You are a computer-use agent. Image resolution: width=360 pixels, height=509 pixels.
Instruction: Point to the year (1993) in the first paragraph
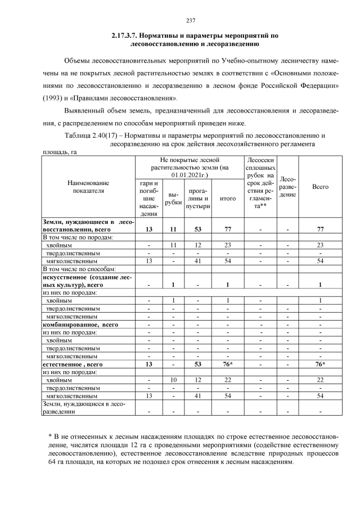click(x=55, y=97)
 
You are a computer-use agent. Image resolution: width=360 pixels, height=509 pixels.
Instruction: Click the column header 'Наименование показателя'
click(x=88, y=187)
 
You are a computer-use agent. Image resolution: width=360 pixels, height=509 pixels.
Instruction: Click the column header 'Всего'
click(x=320, y=187)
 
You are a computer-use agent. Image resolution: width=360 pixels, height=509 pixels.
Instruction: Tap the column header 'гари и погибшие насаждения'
click(x=148, y=199)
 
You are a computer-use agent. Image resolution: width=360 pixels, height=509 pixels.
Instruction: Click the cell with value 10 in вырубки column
click(x=173, y=381)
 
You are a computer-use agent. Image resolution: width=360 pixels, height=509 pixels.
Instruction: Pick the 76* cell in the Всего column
click(x=321, y=364)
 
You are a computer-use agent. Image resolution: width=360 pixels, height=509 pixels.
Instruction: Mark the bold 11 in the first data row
click(x=173, y=229)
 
